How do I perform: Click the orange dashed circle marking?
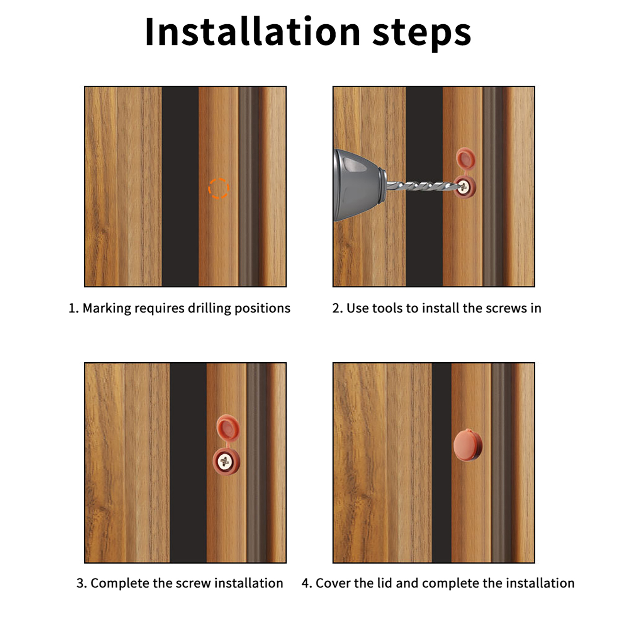coord(219,188)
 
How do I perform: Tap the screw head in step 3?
coord(224,461)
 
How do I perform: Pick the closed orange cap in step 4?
coord(468,445)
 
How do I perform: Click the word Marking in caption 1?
coord(107,309)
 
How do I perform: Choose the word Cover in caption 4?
coord(333,583)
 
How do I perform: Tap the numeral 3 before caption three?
coord(80,583)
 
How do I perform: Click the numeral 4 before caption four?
coord(306,583)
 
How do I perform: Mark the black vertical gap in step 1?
coord(180,187)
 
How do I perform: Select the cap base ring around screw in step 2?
coord(465,187)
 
